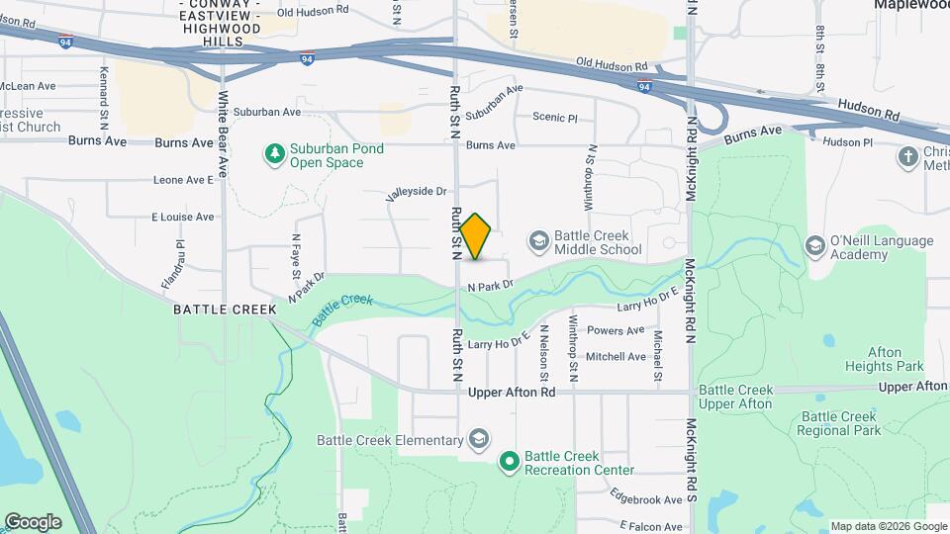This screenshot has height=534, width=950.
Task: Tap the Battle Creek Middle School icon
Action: pos(538,240)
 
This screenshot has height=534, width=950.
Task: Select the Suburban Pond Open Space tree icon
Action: pos(274,153)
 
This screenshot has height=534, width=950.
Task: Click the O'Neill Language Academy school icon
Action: pos(814,245)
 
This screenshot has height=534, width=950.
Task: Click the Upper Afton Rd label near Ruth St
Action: pos(511,393)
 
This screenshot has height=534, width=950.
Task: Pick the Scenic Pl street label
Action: pos(554,118)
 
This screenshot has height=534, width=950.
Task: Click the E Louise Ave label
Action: pos(182,217)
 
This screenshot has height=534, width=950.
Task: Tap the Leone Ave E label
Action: pos(183,180)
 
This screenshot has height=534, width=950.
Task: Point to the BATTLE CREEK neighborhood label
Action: pos(225,310)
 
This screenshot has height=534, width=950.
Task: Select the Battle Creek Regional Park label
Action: pos(840,423)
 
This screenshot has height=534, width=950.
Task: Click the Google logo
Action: pos(33,521)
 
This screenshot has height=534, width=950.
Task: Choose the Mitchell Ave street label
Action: pos(616,357)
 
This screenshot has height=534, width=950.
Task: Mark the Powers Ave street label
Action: pos(616,330)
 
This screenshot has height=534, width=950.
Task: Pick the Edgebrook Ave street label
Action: pos(646,499)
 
